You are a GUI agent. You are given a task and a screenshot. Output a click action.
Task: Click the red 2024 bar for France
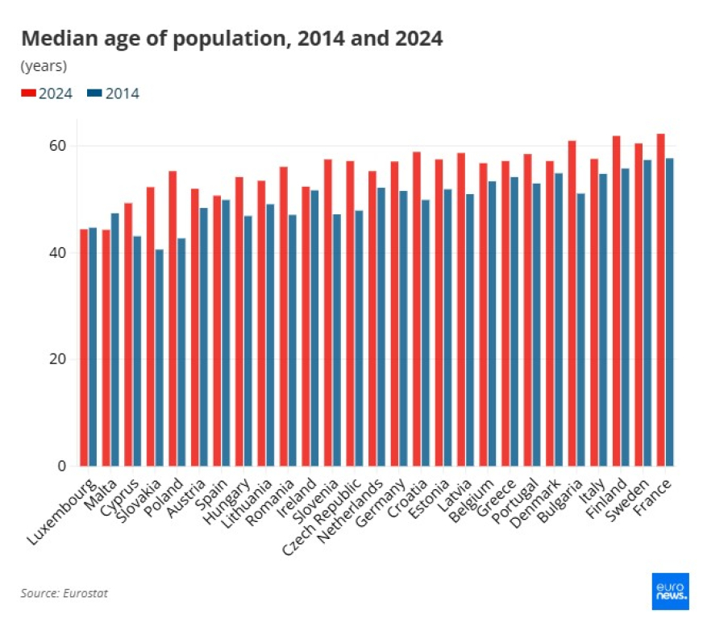click(x=661, y=300)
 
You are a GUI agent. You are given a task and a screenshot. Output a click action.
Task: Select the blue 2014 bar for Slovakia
click(x=159, y=358)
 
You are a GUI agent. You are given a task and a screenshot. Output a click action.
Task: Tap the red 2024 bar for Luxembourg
click(x=84, y=348)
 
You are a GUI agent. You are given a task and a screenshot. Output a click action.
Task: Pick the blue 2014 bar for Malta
click(x=114, y=340)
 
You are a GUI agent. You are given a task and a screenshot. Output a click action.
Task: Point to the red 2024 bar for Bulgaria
click(x=572, y=304)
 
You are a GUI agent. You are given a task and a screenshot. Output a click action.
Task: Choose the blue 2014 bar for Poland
click(x=181, y=352)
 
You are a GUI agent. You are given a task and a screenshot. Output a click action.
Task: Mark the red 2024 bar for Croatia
click(x=417, y=309)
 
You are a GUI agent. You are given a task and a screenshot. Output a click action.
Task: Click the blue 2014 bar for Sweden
click(x=647, y=313)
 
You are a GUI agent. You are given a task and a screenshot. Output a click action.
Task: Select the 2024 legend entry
click(x=47, y=93)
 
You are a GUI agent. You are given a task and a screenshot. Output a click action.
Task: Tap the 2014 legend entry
click(x=114, y=93)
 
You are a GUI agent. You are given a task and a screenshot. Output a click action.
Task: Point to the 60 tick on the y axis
click(x=57, y=146)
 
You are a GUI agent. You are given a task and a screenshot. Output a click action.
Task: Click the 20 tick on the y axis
click(x=57, y=359)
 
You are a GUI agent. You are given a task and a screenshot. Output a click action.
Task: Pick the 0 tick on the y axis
click(x=62, y=466)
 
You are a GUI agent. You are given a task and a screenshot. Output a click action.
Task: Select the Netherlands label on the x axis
click(x=351, y=511)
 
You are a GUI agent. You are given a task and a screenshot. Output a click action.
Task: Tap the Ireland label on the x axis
click(x=297, y=498)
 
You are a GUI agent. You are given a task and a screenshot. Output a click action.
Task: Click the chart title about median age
click(x=232, y=39)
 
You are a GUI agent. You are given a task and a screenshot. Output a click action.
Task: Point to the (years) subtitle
click(x=44, y=66)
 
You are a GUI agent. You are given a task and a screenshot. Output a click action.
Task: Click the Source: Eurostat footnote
click(x=64, y=593)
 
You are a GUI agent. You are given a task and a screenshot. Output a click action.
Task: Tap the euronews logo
click(x=671, y=591)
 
